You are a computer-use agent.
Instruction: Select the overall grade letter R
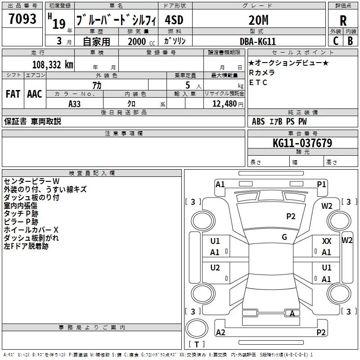(x=343, y=20)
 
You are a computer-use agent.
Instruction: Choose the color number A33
(x=75, y=103)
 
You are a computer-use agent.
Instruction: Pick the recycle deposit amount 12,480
(x=223, y=103)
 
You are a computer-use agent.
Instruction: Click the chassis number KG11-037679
(x=302, y=143)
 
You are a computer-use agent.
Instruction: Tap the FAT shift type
(x=13, y=94)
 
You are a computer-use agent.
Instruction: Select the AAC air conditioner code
(x=34, y=94)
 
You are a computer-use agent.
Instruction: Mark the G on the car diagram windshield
(x=284, y=237)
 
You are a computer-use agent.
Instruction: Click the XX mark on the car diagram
(x=327, y=242)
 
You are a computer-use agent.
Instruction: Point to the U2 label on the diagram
(x=215, y=268)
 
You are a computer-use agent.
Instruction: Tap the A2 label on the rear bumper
(x=220, y=333)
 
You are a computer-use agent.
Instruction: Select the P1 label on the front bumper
(x=321, y=184)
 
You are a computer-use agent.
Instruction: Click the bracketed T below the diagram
(x=197, y=345)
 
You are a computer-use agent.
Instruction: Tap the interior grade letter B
(x=350, y=40)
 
